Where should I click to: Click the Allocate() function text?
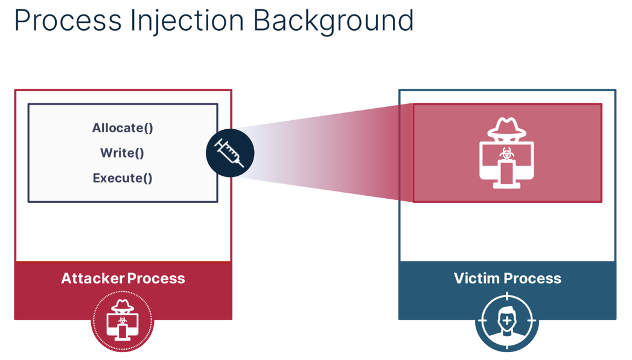[123, 128]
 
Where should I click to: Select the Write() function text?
[123, 153]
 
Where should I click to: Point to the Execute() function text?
[123, 178]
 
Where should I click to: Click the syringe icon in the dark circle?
[229, 153]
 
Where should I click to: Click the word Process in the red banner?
[156, 278]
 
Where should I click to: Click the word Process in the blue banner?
[533, 278]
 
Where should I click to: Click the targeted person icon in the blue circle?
[507, 321]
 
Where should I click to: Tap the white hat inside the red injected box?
[507, 127]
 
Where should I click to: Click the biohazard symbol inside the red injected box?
[507, 156]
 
